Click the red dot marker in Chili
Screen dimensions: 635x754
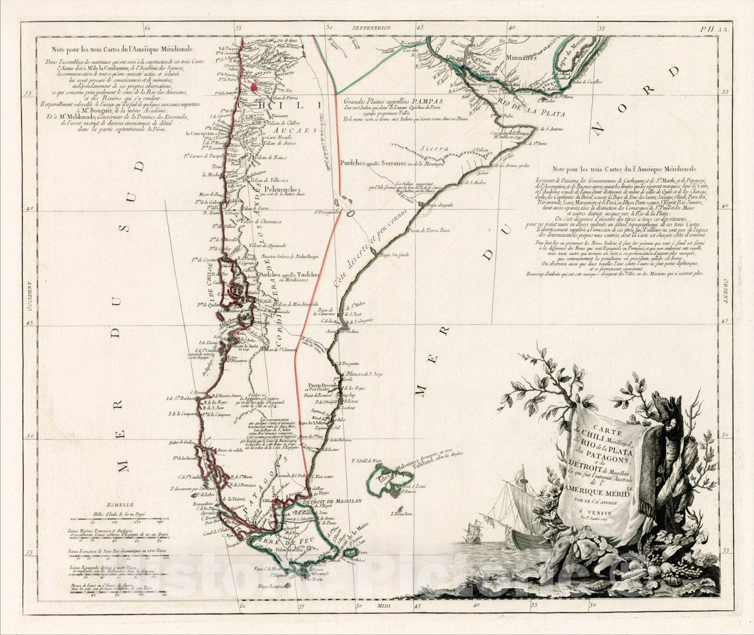255,86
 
